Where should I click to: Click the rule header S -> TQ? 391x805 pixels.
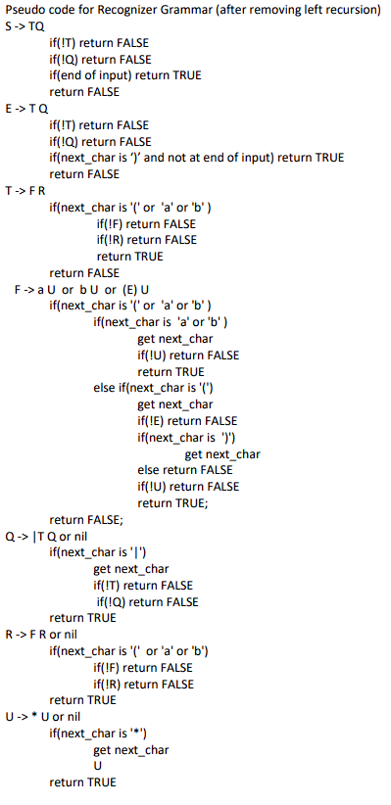click(x=24, y=26)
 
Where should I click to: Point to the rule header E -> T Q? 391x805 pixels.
click(x=25, y=109)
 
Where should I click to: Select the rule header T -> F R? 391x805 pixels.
click(x=24, y=191)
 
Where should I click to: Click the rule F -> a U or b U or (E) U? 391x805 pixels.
click(x=82, y=290)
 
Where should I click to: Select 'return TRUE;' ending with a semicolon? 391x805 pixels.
click(x=172, y=503)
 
